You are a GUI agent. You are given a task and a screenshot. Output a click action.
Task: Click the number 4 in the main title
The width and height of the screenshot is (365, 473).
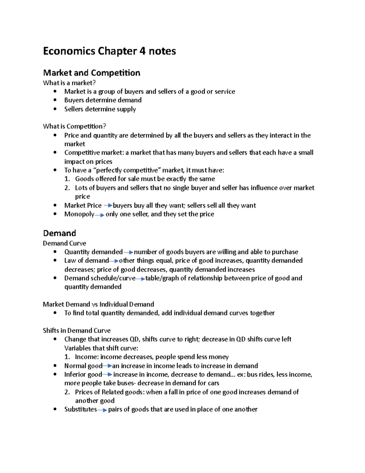[x=142, y=51]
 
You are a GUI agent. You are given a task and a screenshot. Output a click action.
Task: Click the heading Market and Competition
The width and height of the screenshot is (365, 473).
[x=92, y=73]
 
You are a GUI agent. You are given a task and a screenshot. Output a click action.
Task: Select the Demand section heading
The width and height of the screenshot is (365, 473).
[x=59, y=233]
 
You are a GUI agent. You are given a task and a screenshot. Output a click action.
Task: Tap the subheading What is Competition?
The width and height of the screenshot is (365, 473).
[x=74, y=126]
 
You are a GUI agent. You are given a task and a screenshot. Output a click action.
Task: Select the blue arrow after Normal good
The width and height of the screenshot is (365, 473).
[x=107, y=366]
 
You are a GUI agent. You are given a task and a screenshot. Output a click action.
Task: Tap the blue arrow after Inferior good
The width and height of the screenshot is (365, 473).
[x=107, y=375]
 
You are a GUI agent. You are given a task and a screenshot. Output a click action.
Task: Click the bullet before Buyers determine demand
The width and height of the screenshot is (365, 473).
[x=55, y=100]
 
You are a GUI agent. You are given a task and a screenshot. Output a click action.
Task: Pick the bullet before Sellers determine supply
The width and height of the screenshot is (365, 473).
[x=55, y=109]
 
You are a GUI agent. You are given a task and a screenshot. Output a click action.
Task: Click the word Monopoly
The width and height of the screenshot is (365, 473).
[x=79, y=214]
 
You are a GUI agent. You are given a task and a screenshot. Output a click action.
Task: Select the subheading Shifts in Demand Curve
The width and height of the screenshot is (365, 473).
[x=77, y=330]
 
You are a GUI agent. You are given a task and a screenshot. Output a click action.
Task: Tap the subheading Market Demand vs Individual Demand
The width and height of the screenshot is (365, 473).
[x=98, y=304]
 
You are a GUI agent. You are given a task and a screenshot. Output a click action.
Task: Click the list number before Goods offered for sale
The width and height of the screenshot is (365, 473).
[x=67, y=179]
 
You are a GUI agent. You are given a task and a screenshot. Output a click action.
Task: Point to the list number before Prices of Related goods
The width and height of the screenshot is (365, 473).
[x=67, y=392]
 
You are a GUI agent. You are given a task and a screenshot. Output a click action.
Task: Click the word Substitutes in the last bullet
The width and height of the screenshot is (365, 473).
[x=80, y=409]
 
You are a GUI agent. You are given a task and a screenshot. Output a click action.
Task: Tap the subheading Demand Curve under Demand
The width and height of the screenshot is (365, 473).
[x=64, y=243]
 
